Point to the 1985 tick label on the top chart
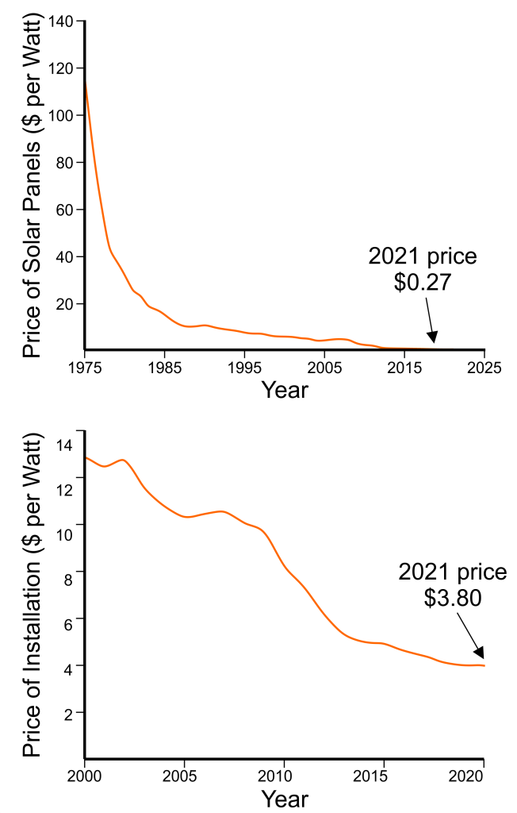point(164,368)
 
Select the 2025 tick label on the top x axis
point(484,368)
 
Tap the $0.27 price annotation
point(423,283)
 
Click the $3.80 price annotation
point(452,597)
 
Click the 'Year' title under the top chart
point(285,390)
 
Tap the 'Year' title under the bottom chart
point(285,797)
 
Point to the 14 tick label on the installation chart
point(65,444)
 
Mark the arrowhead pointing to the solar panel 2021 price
point(433,343)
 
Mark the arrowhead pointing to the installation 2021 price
point(481,658)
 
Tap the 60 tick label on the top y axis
point(66,210)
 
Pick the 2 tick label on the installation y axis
point(69,713)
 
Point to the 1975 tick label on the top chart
point(85,368)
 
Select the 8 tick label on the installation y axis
point(69,572)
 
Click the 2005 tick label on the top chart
point(324,368)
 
